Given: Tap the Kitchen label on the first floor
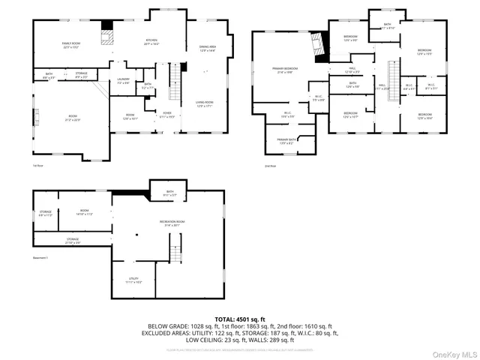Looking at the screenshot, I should (151, 43).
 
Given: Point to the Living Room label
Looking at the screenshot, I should (205, 103).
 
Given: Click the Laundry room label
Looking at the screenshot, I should (124, 81).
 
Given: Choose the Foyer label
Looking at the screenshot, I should (167, 115).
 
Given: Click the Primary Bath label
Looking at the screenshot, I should (286, 141).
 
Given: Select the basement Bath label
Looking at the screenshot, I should (169, 193).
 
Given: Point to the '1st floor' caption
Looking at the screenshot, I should (37, 165).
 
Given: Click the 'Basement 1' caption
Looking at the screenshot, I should (40, 257).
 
